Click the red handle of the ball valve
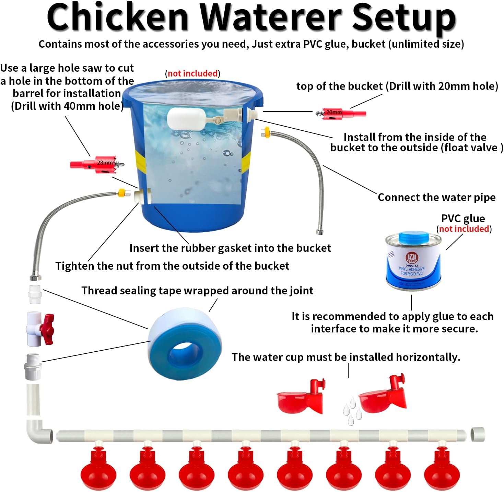(47, 329)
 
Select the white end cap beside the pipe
(478, 434)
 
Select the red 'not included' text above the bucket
(192, 73)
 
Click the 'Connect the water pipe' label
(436, 197)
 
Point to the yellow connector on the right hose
(265, 133)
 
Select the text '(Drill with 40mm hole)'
(67, 106)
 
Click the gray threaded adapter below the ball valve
(33, 366)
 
